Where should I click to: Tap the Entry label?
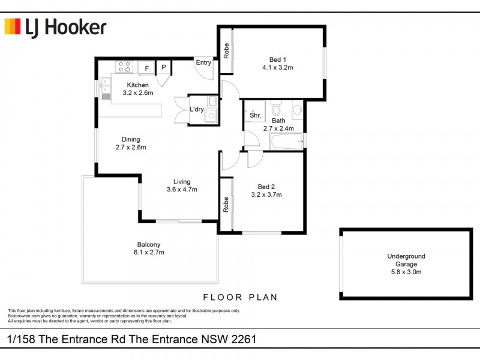(203, 62)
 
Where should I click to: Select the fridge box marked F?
(146, 68)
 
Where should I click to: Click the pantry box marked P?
(163, 67)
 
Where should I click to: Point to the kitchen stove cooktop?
(124, 67)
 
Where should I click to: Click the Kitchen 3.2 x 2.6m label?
(138, 89)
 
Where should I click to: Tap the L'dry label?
(196, 109)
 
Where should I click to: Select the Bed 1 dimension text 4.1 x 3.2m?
(277, 68)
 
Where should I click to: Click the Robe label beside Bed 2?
(226, 204)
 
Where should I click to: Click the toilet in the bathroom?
(276, 110)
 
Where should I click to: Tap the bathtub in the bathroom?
(286, 143)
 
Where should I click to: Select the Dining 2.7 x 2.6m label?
(131, 143)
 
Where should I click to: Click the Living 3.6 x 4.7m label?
(182, 185)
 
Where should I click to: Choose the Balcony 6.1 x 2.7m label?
(148, 248)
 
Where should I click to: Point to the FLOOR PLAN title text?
(240, 297)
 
